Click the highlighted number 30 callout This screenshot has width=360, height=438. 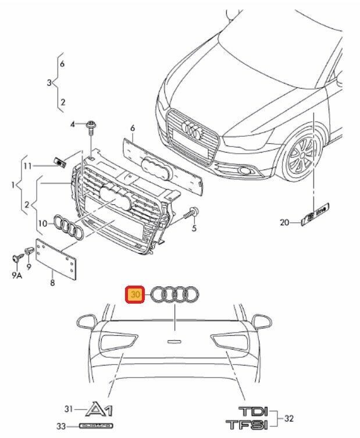[136, 295]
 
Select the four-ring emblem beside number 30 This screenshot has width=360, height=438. [176, 295]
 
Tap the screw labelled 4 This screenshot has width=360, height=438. [91, 125]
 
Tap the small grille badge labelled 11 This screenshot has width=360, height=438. [60, 161]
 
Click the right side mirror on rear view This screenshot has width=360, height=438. [263, 321]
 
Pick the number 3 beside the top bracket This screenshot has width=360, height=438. [49, 83]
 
